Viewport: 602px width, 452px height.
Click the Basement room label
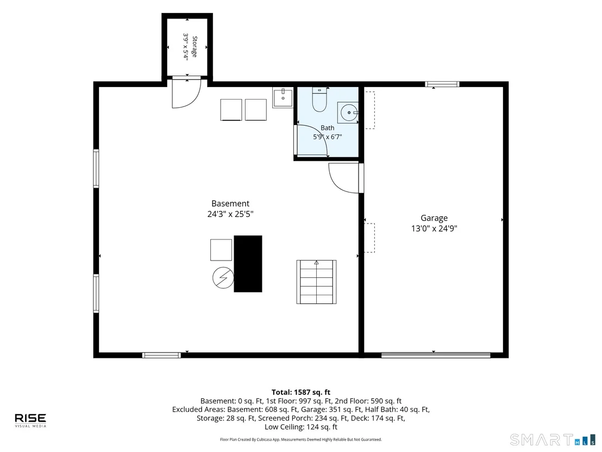pyautogui.click(x=230, y=203)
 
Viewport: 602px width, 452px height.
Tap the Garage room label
pyautogui.click(x=434, y=218)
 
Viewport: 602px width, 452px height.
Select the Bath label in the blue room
pyautogui.click(x=328, y=128)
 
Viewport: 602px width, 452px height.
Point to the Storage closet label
pyautogui.click(x=195, y=47)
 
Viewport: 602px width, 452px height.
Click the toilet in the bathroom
pyautogui.click(x=319, y=100)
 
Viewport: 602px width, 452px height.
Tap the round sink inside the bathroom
pyautogui.click(x=348, y=113)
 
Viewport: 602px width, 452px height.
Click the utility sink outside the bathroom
pyautogui.click(x=283, y=97)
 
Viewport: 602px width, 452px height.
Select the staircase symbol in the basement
pyautogui.click(x=316, y=282)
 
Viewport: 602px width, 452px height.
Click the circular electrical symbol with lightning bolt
pyautogui.click(x=223, y=277)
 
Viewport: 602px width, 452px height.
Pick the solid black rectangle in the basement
pyautogui.click(x=248, y=264)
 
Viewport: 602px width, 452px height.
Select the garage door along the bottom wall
pyautogui.click(x=436, y=355)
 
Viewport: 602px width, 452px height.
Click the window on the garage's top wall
pyautogui.click(x=442, y=84)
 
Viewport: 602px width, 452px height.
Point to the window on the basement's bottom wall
pyautogui.click(x=161, y=355)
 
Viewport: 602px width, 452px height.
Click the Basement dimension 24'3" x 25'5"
pyautogui.click(x=230, y=214)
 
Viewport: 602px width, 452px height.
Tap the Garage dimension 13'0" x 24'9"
pyautogui.click(x=434, y=228)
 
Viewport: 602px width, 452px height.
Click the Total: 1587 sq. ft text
pyautogui.click(x=301, y=392)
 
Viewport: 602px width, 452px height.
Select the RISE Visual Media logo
pyautogui.click(x=30, y=420)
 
